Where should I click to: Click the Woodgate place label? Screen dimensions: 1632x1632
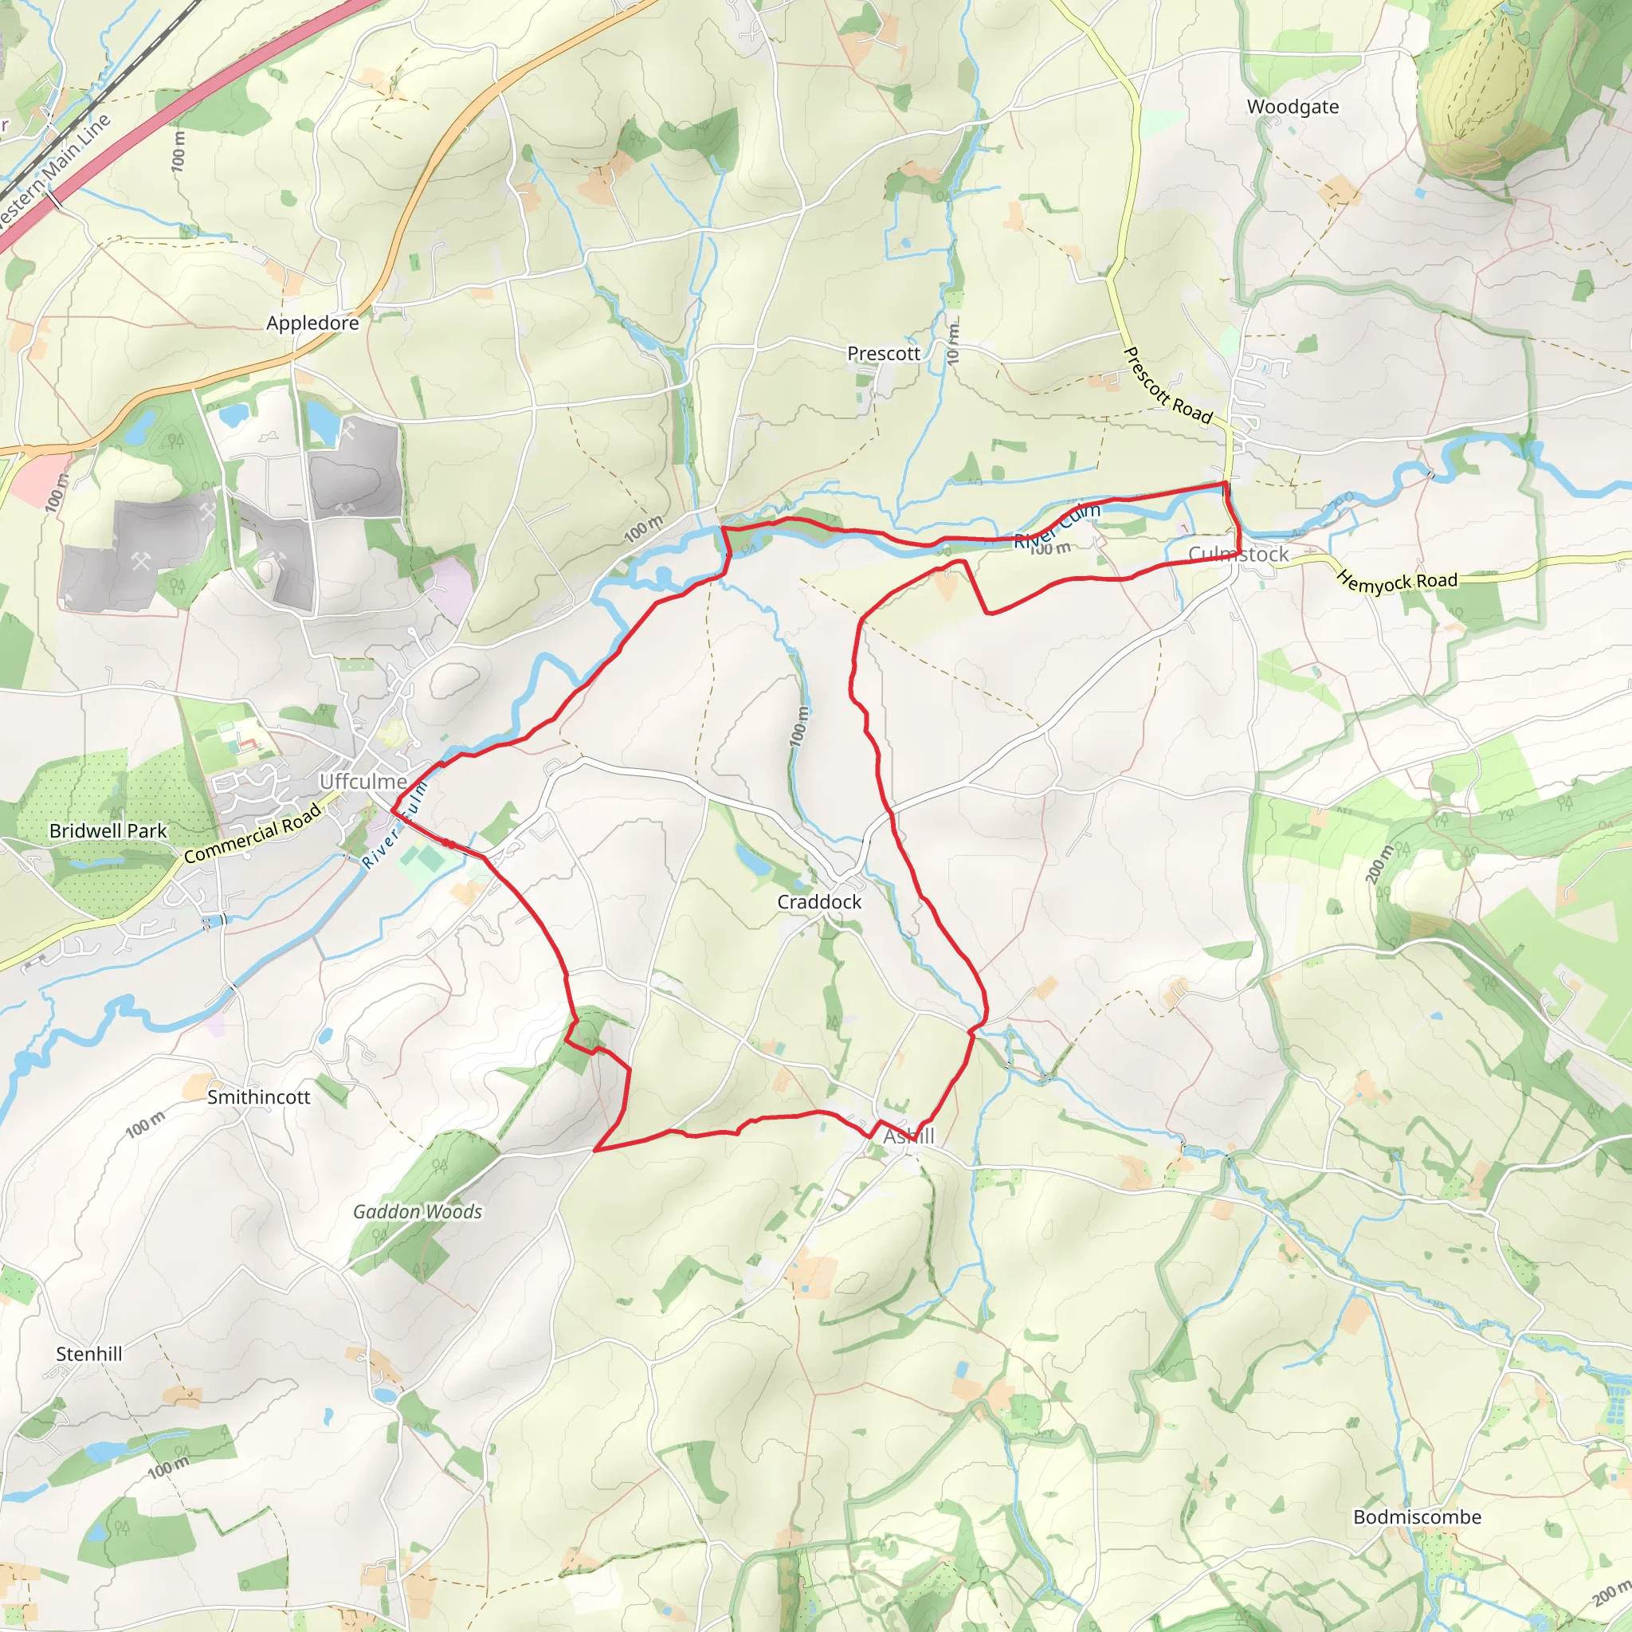pos(1293,108)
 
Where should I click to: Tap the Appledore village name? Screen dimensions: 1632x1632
pos(312,324)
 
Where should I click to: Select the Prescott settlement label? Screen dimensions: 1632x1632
pos(884,354)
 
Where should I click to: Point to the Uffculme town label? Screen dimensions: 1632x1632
pos(363,782)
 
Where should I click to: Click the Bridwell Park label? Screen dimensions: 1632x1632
pos(108,831)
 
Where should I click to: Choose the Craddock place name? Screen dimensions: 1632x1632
pos(819,902)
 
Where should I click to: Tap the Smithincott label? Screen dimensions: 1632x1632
pos(258,1097)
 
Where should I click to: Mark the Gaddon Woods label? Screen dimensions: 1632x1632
pos(418,1212)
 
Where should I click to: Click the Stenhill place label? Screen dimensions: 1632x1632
pos(88,1354)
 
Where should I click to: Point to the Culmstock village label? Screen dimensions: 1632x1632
pos(1238,555)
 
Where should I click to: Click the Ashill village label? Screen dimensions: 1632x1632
pos(909,1137)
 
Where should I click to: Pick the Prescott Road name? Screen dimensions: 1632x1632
pos(1167,385)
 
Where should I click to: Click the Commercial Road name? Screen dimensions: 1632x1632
pos(253,834)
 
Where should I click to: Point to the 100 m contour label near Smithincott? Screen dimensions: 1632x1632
pos(145,1126)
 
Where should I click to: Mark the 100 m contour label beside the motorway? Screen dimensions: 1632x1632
pos(178,151)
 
